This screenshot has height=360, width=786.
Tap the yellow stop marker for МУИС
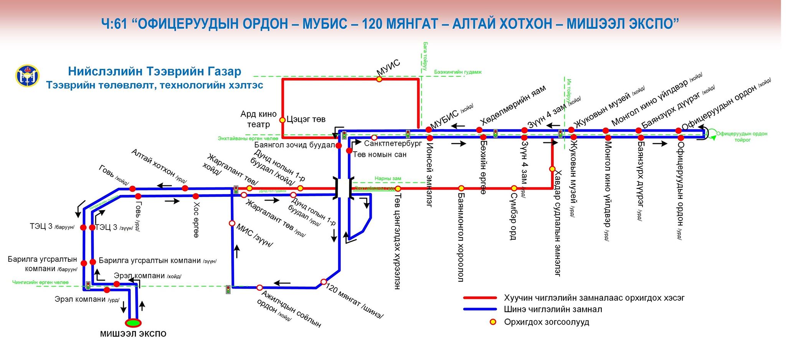pos(379,79)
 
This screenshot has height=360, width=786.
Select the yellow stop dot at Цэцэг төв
pos(282,120)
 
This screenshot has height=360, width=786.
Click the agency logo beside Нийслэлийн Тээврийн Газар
pos(27,76)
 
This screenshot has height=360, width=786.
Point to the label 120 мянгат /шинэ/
pos(355,302)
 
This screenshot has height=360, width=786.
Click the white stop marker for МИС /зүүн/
pos(232,223)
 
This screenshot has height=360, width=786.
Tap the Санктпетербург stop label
pos(393,144)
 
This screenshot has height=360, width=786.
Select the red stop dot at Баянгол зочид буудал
pos(339,145)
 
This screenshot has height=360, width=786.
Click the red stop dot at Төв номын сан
pos(349,151)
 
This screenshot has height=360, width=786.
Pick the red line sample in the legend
pos(480,298)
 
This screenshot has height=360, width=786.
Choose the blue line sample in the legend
pos(480,309)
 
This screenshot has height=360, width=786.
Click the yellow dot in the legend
pos(493,322)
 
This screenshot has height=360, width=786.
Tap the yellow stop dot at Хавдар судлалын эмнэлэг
pos(552,169)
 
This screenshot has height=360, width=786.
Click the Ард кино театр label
pos(258,119)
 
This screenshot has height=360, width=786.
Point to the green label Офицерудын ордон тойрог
pos(741,137)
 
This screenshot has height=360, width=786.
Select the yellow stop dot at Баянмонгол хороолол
pos(461,188)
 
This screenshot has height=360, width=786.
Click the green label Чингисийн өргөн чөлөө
pos(40,282)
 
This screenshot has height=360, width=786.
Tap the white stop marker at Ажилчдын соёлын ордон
pos(259,287)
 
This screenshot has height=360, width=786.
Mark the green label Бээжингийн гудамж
pos(458,72)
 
